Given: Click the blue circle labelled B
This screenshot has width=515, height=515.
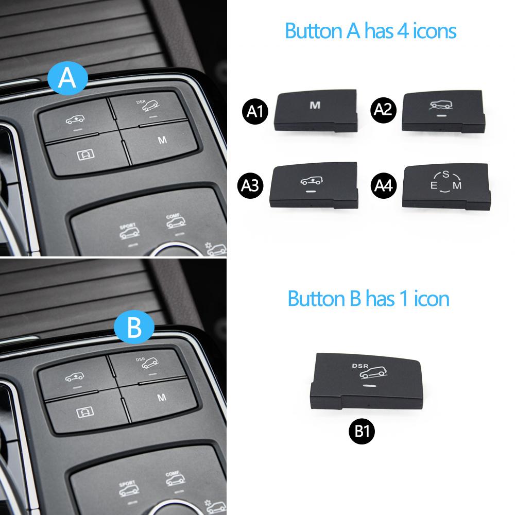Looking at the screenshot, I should (134, 328).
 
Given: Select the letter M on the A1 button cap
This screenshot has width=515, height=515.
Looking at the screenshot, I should (314, 106).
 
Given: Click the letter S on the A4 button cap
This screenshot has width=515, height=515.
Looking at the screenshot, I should (445, 174).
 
